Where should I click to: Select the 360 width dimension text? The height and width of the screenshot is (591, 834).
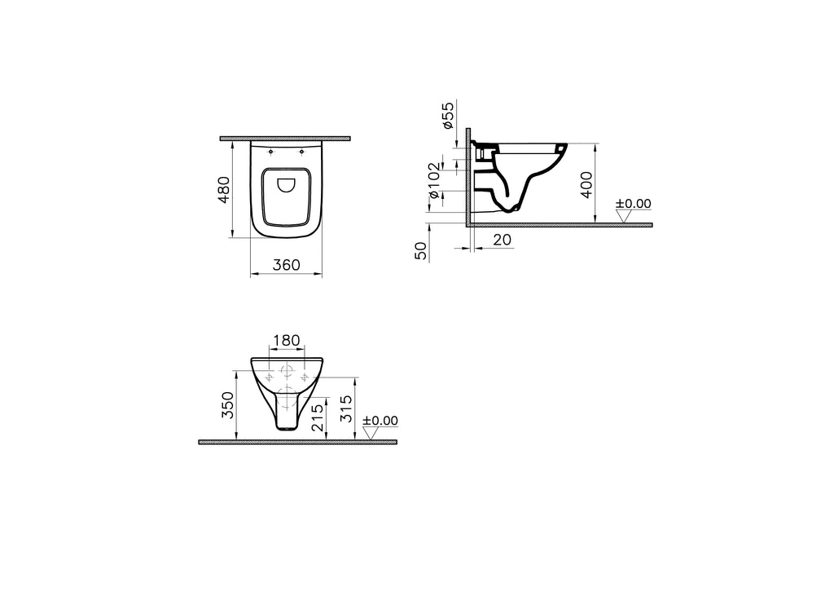pyautogui.click(x=286, y=265)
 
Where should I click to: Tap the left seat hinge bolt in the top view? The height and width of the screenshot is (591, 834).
pyautogui.click(x=270, y=152)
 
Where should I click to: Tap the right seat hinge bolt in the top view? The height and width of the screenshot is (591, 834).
pyautogui.click(x=301, y=152)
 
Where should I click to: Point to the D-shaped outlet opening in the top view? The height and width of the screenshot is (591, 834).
pyautogui.click(x=286, y=186)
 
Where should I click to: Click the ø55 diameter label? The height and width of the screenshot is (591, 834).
pyautogui.click(x=447, y=116)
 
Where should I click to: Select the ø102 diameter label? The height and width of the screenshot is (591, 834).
pyautogui.click(x=436, y=180)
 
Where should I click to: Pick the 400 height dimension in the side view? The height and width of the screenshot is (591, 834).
pyautogui.click(x=586, y=183)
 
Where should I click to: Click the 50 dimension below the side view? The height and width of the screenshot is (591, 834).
pyautogui.click(x=421, y=250)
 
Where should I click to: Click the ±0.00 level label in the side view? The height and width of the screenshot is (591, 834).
pyautogui.click(x=633, y=204)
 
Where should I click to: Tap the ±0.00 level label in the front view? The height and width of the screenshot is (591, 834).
pyautogui.click(x=380, y=421)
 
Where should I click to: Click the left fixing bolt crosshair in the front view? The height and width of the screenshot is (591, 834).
pyautogui.click(x=268, y=377)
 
